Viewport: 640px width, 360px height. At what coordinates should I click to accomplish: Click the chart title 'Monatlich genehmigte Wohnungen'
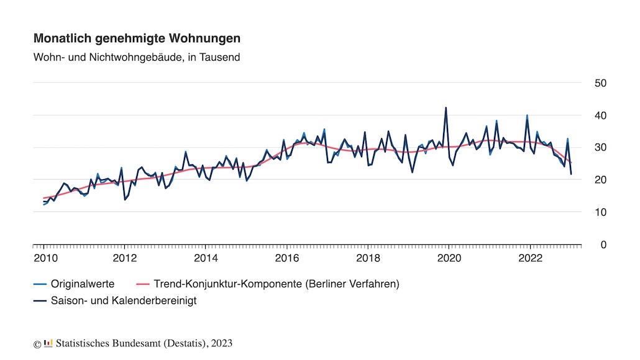tap(137, 39)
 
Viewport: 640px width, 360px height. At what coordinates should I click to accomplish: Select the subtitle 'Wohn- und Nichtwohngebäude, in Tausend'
tap(137, 58)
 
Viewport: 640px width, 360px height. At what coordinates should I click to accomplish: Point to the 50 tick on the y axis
tap(600, 83)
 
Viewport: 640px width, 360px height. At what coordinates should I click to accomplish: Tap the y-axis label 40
tap(600, 116)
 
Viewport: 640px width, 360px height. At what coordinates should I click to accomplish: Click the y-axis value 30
tap(600, 148)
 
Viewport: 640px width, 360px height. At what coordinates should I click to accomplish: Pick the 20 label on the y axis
tap(600, 180)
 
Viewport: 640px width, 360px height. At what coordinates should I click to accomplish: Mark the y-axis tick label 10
tap(600, 213)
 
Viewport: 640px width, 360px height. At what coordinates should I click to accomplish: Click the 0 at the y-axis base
tap(603, 245)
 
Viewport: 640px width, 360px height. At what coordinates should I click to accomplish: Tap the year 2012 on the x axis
tap(125, 258)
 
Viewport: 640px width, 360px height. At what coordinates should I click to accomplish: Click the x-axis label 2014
tap(206, 258)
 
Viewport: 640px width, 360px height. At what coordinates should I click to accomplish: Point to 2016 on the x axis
tap(287, 258)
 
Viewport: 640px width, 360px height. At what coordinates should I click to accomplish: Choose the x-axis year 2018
tap(368, 258)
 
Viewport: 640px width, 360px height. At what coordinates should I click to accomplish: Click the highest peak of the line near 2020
tap(446, 108)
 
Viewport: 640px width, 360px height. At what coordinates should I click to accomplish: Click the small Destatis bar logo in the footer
tap(48, 343)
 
